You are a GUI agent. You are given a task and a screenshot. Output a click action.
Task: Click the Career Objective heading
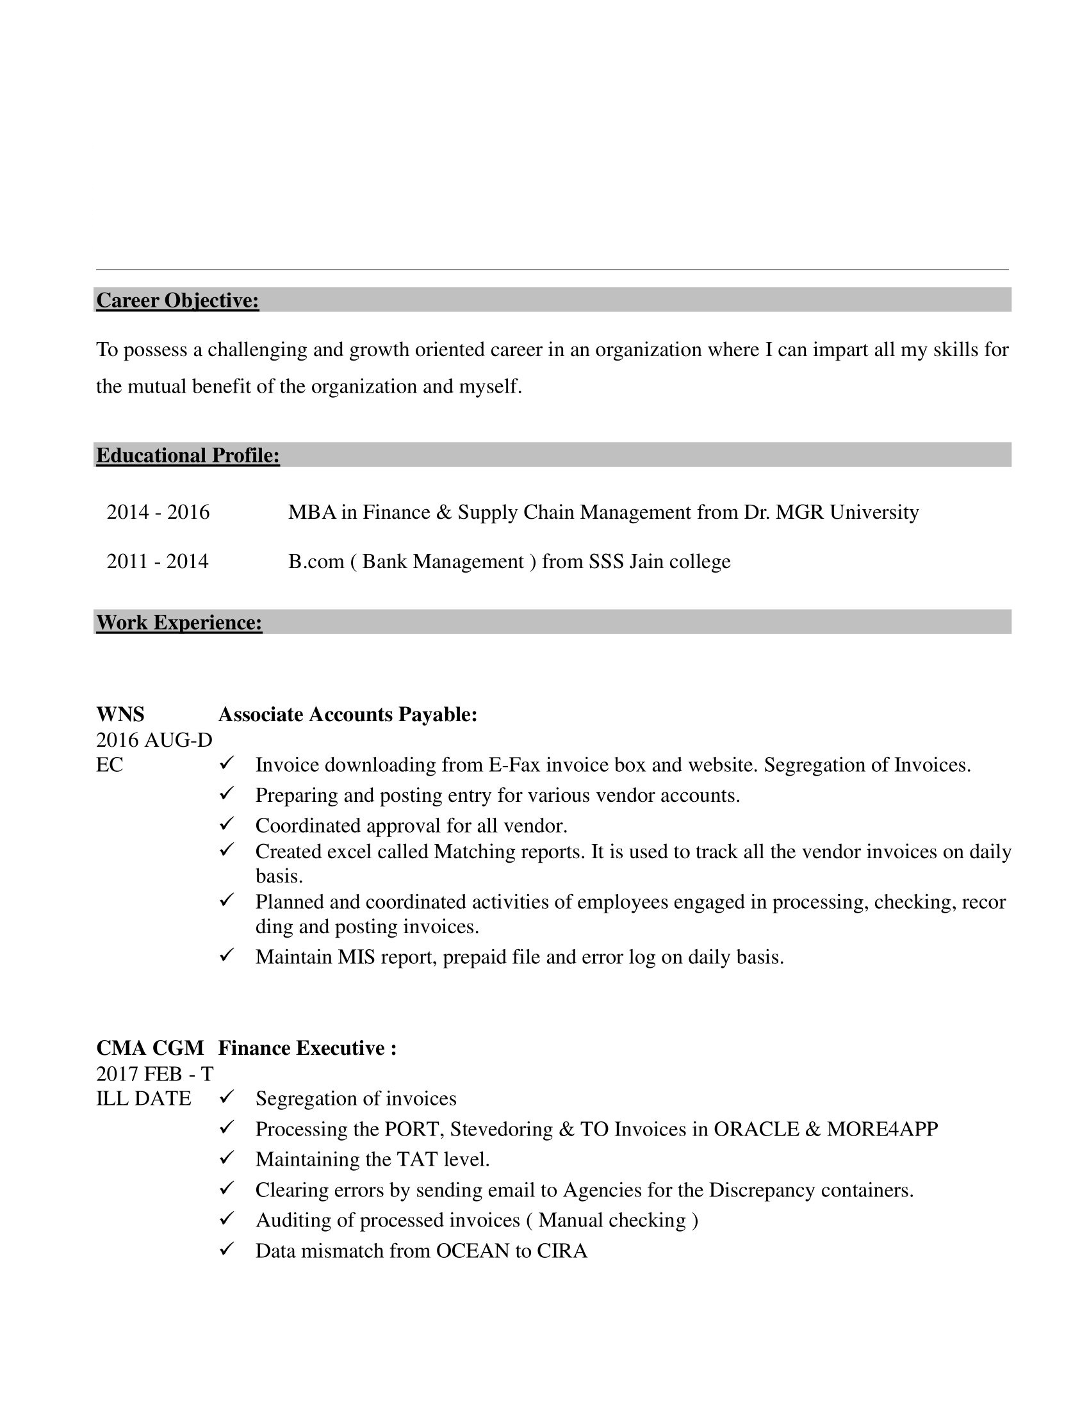[177, 300]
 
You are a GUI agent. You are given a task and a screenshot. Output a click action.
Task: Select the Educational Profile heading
[188, 455]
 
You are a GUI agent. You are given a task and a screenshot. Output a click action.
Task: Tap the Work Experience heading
[179, 623]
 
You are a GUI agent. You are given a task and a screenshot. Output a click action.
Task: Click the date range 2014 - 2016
[158, 512]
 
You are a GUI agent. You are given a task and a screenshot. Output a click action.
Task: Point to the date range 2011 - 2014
[158, 561]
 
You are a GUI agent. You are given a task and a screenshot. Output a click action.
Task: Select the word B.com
[316, 561]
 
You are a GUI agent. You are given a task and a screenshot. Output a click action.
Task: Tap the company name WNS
[120, 715]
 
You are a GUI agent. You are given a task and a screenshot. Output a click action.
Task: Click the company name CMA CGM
[150, 1048]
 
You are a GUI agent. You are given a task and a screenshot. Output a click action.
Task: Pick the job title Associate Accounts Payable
[347, 715]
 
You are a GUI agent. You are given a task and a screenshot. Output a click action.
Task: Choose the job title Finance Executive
[306, 1048]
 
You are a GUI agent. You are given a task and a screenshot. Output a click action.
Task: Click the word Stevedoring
[501, 1130]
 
